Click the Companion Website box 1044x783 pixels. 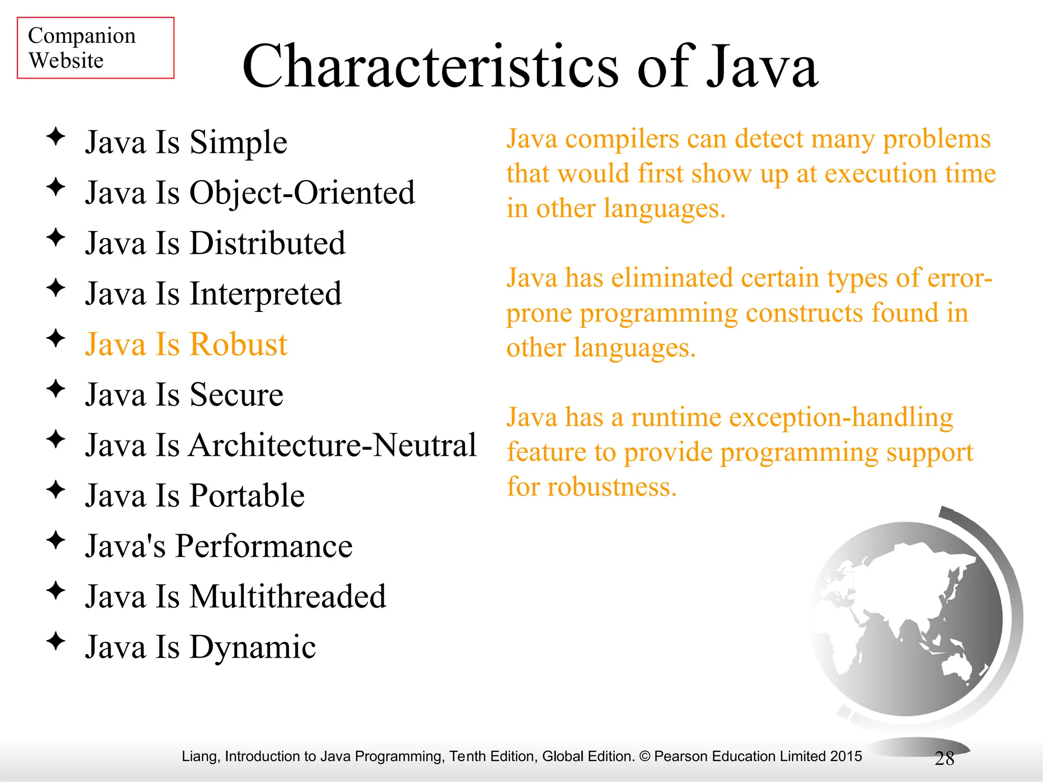pos(95,48)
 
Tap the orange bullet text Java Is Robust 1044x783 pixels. pos(186,344)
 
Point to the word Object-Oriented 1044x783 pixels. pos(302,193)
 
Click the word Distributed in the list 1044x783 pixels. pos(267,243)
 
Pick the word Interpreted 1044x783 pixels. pos(265,294)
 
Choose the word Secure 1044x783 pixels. pos(236,395)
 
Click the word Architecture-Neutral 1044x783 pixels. pos(332,445)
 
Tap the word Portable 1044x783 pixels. pos(247,495)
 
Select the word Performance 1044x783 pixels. pos(264,546)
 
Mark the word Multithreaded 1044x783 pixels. pos(288,596)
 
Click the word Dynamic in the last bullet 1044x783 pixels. pos(252,647)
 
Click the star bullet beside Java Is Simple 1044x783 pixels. pos(56,137)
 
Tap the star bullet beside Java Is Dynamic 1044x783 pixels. pos(56,641)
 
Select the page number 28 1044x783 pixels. pos(944,759)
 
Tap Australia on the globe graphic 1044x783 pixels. pos(956,667)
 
